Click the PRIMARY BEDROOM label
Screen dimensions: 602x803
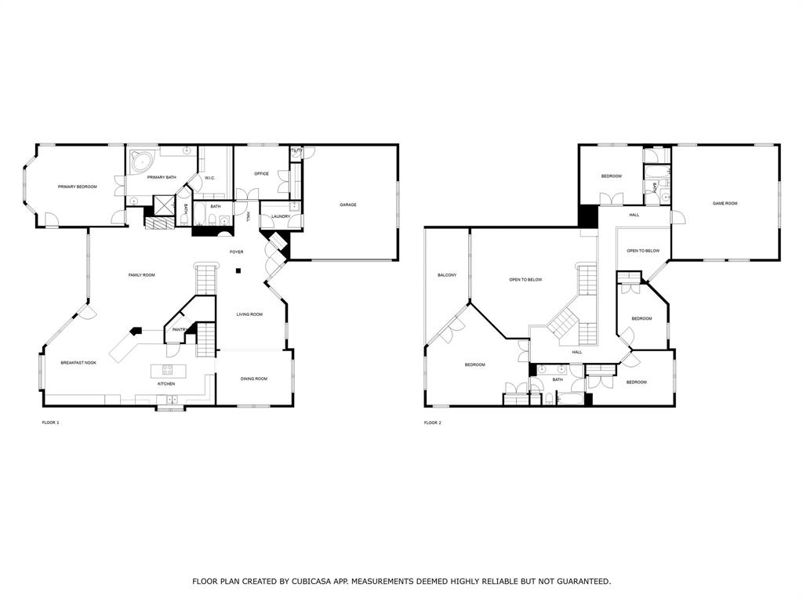tap(77, 187)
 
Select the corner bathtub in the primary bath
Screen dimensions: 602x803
tap(142, 162)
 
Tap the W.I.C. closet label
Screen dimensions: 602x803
tap(210, 178)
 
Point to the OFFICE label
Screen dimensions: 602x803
tap(261, 173)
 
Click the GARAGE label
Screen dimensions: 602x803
tap(348, 205)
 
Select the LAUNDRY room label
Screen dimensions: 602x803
tap(280, 216)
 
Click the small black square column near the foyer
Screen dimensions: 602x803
tap(239, 271)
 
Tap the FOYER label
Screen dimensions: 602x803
tap(236, 252)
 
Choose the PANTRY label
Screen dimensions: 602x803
tap(179, 329)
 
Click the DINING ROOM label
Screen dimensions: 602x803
tap(253, 379)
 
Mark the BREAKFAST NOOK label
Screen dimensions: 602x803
tap(78, 362)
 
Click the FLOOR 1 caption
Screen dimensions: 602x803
tap(50, 422)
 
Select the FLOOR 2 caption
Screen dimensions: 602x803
tap(433, 422)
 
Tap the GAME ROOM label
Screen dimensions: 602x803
tap(725, 203)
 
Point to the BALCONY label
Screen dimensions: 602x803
tap(447, 275)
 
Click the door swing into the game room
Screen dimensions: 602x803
tap(677, 216)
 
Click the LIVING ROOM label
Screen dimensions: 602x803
tap(249, 314)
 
